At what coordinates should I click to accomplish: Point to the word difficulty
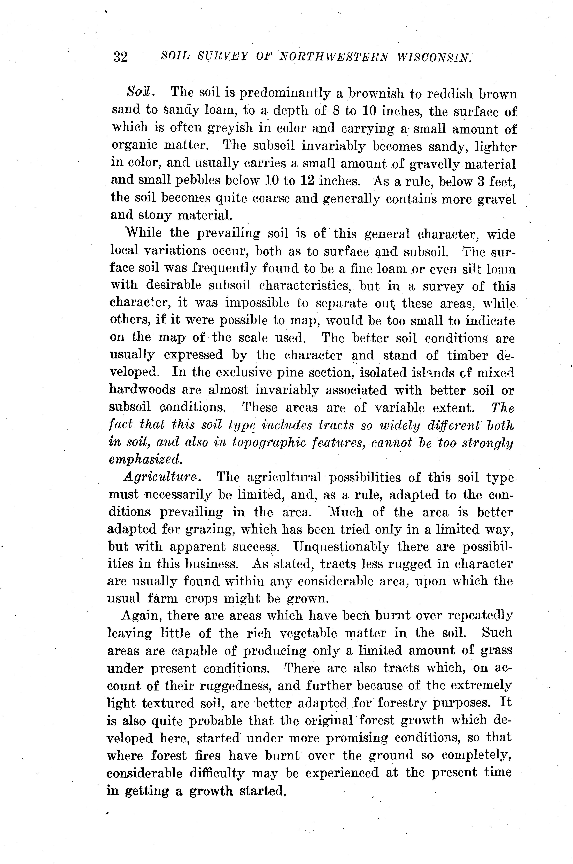coord(217,773)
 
